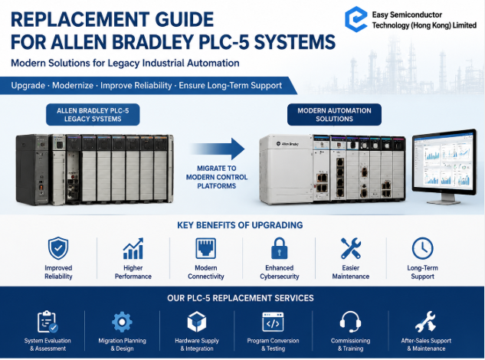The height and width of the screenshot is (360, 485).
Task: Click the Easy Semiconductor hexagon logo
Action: [356, 19]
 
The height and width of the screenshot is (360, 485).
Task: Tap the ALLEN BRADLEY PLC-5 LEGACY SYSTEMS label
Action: [93, 115]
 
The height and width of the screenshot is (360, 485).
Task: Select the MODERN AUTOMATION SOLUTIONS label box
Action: [334, 115]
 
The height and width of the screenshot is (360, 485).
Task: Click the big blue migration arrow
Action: [218, 149]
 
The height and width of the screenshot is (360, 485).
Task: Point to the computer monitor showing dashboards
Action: [444, 166]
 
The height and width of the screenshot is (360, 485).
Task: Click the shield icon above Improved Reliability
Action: [58, 248]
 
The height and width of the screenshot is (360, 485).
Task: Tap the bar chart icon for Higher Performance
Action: [133, 248]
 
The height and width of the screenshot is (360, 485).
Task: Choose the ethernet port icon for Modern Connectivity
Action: [205, 248]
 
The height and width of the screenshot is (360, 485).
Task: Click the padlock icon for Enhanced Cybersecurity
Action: [280, 248]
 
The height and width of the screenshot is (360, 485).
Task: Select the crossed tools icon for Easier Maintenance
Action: [351, 248]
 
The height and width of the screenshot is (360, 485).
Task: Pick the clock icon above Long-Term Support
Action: [422, 248]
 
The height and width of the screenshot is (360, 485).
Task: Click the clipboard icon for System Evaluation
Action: [48, 322]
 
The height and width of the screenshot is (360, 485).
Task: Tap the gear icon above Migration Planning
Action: [122, 322]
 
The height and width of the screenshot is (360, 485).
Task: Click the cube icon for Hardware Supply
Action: [197, 322]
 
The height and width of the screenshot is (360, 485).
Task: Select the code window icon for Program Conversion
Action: [273, 322]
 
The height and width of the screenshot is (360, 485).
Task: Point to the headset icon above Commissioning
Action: [350, 322]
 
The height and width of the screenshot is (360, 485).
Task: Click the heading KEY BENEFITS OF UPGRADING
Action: [240, 225]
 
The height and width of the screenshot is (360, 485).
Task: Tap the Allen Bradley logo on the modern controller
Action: [287, 144]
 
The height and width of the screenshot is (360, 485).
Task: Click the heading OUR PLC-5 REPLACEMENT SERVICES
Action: [241, 298]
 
